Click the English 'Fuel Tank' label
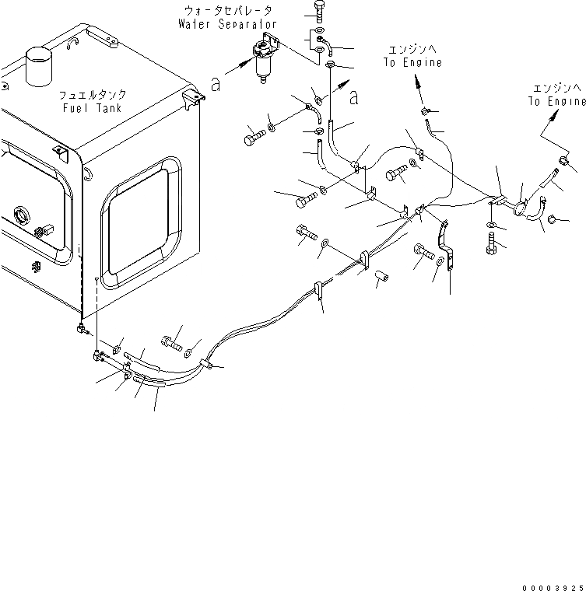click(92, 107)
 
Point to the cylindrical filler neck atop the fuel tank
click(38, 65)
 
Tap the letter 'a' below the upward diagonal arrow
click(355, 96)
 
